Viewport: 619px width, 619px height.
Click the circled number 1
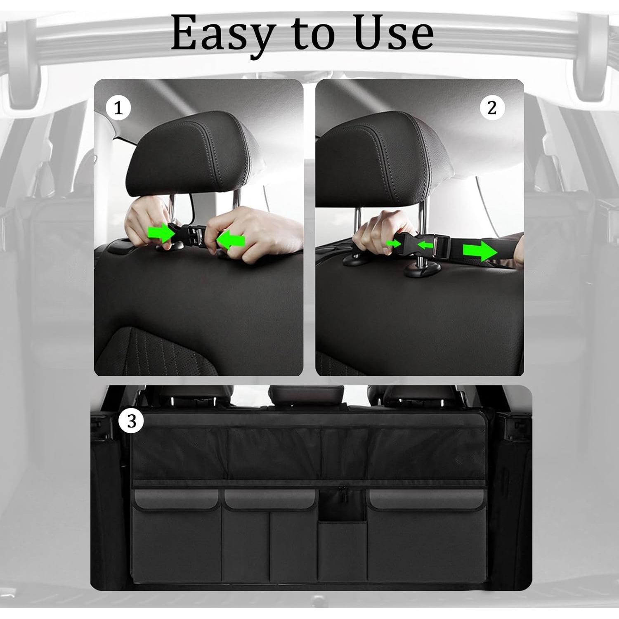pos(118,109)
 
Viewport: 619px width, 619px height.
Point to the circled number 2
pos(491,108)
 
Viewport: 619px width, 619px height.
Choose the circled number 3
pos(131,421)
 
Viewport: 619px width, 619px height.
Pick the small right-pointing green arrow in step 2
pos(394,243)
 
